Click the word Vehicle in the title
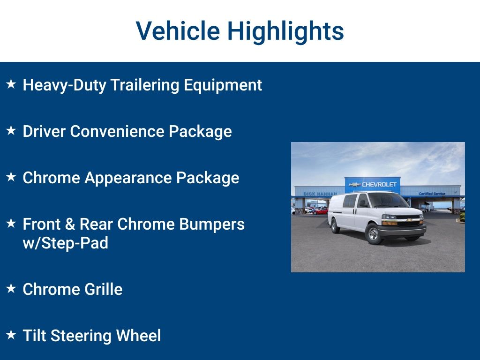tap(178, 31)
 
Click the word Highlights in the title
tap(285, 31)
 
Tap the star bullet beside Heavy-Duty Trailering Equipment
tap(11, 84)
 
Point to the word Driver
tap(44, 131)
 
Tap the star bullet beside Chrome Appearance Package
tap(11, 177)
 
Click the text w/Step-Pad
tap(65, 243)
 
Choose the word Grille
tap(103, 289)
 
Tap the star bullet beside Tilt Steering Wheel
tap(11, 335)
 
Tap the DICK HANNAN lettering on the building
tap(320, 194)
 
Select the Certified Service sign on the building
tap(432, 194)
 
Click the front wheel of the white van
tap(374, 234)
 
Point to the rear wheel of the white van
tap(335, 225)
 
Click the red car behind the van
tap(320, 211)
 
